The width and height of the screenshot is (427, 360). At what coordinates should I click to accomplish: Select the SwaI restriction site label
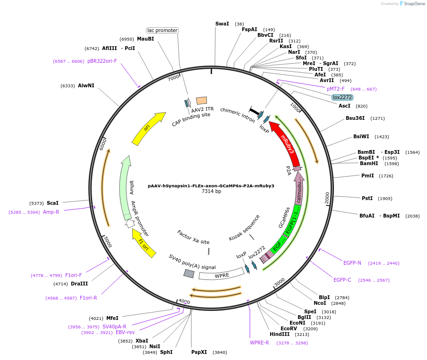[222, 24]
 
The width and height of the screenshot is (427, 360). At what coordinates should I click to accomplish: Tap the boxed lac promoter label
[162, 30]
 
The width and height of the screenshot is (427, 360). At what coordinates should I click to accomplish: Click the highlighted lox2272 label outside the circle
[342, 97]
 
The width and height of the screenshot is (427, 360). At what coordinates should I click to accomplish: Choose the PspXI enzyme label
[199, 352]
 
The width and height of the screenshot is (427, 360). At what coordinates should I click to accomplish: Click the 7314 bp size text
[211, 192]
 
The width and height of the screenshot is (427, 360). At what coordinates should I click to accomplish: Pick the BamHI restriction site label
[369, 164]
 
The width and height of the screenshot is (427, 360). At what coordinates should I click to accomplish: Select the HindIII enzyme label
[279, 334]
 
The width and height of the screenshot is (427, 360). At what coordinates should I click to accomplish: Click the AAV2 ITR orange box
[201, 100]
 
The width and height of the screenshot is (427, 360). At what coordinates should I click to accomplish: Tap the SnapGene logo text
[412, 4]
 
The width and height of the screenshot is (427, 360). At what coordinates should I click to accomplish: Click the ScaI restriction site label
[52, 203]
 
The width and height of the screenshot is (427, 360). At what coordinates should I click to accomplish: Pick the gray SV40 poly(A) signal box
[189, 274]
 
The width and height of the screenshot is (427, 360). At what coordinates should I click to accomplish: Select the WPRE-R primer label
[259, 343]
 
